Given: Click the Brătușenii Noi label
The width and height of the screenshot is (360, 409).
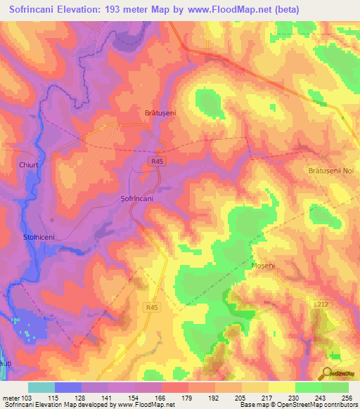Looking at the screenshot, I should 333,171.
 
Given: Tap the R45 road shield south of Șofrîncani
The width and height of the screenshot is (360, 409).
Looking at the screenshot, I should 150,307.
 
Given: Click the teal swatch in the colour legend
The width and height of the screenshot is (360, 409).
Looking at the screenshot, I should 41,387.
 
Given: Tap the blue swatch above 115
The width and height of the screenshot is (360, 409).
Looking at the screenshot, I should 68,387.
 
